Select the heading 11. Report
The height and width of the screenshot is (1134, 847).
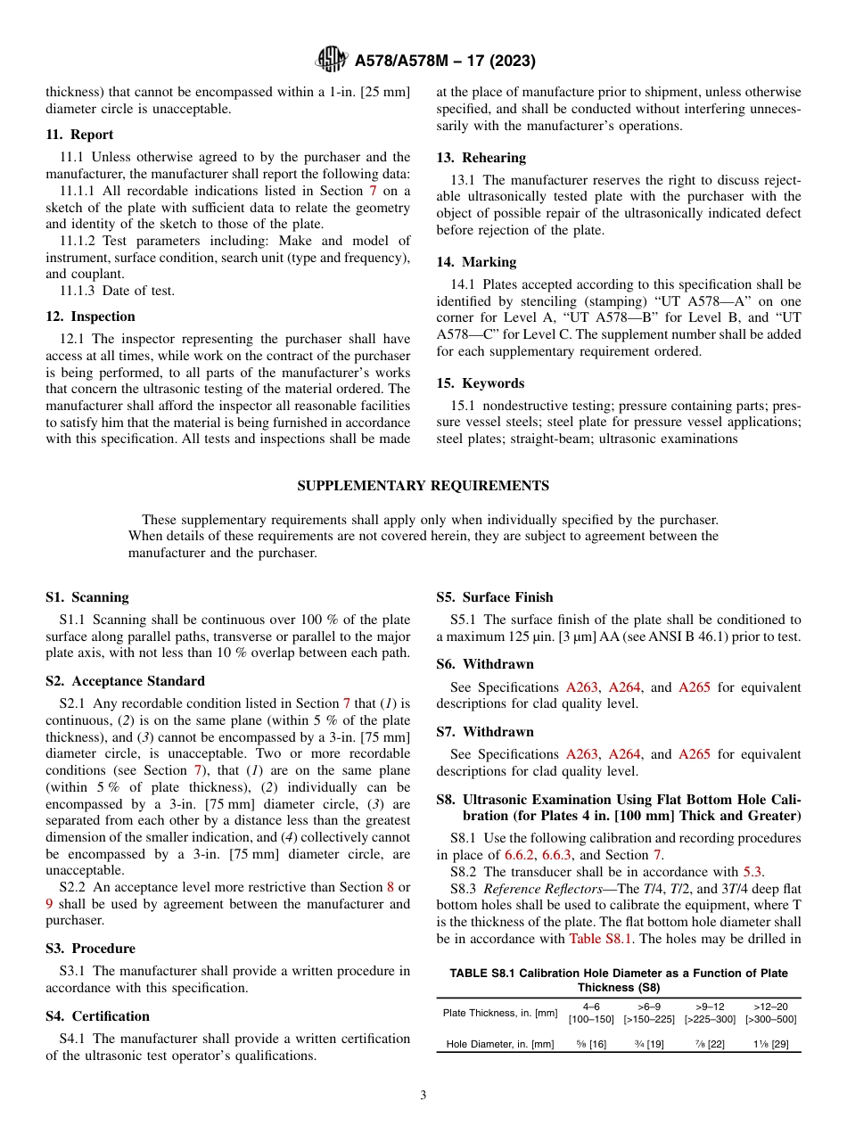tap(79, 135)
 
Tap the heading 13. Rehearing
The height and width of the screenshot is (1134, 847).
tap(481, 158)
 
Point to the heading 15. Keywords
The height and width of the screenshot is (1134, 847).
tap(480, 383)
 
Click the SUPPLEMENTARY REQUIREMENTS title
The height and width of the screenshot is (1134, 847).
tap(423, 486)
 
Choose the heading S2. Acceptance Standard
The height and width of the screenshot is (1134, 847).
tap(125, 681)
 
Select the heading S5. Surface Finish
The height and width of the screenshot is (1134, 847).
tap(494, 597)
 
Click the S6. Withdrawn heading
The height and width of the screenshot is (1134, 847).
tap(484, 664)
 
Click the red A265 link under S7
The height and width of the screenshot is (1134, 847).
tap(694, 754)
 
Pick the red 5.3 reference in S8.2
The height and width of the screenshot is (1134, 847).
tap(752, 872)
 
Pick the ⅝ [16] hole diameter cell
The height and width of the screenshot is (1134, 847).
tap(590, 1044)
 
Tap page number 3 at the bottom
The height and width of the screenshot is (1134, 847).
tap(423, 1096)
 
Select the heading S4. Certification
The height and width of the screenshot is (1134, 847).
tap(98, 1016)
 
